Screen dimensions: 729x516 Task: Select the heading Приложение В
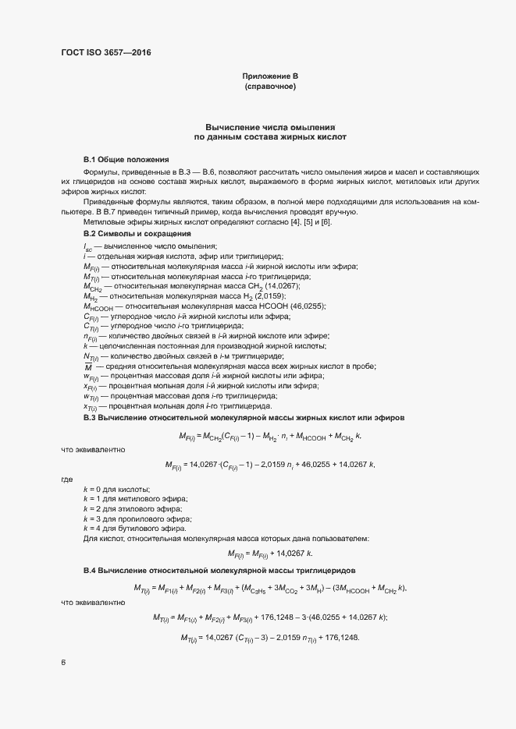pyautogui.click(x=270, y=76)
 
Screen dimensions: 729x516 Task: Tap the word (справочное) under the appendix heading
pyautogui.click(x=270, y=87)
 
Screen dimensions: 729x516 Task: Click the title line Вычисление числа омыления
pyautogui.click(x=270, y=126)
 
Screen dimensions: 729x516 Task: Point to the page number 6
pyautogui.click(x=63, y=664)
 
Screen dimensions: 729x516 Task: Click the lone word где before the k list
pyautogui.click(x=66, y=479)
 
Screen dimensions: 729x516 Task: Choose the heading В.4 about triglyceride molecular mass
pyautogui.click(x=220, y=572)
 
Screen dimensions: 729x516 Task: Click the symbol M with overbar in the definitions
pyautogui.click(x=88, y=366)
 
